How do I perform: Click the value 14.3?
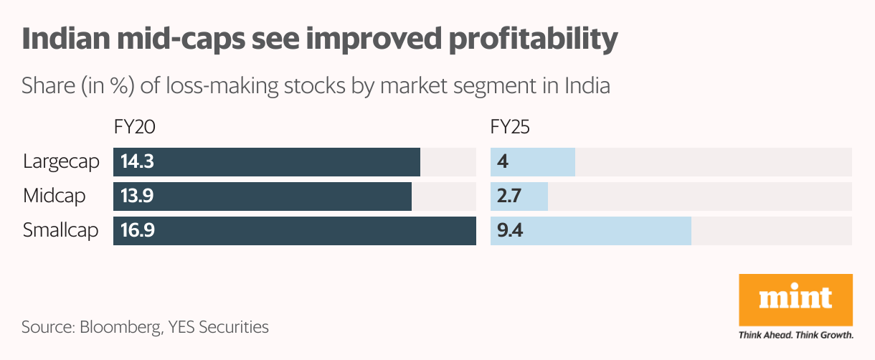137,162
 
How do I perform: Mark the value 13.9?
137,196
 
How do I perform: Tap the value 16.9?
138,231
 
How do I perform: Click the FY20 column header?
134,128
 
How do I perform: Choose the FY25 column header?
510,128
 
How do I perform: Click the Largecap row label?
60,162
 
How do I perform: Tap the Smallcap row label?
60,231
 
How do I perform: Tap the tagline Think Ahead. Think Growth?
795,335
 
